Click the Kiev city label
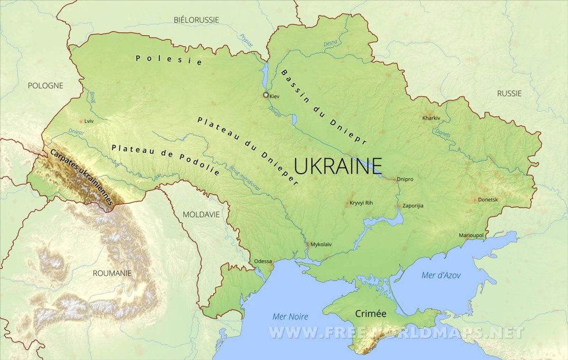pyautogui.click(x=274, y=96)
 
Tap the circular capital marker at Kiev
pyautogui.click(x=266, y=95)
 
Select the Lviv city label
pyautogui.click(x=88, y=122)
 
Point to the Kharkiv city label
pyautogui.click(x=431, y=118)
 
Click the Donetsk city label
pyautogui.click(x=488, y=200)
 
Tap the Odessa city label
pyautogui.click(x=263, y=261)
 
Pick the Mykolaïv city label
pyautogui.click(x=321, y=245)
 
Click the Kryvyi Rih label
pyautogui.click(x=362, y=203)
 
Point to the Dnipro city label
pyautogui.click(x=405, y=179)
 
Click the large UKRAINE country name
pyautogui.click(x=338, y=166)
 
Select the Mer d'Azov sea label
pyautogui.click(x=441, y=275)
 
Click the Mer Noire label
pyautogui.click(x=290, y=316)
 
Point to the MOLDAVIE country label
pyautogui.click(x=201, y=214)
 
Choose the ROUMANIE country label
pyautogui.click(x=112, y=273)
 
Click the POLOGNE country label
pyautogui.click(x=45, y=85)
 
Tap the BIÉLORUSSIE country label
pyautogui.click(x=196, y=20)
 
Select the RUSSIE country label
pyautogui.click(x=509, y=93)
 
